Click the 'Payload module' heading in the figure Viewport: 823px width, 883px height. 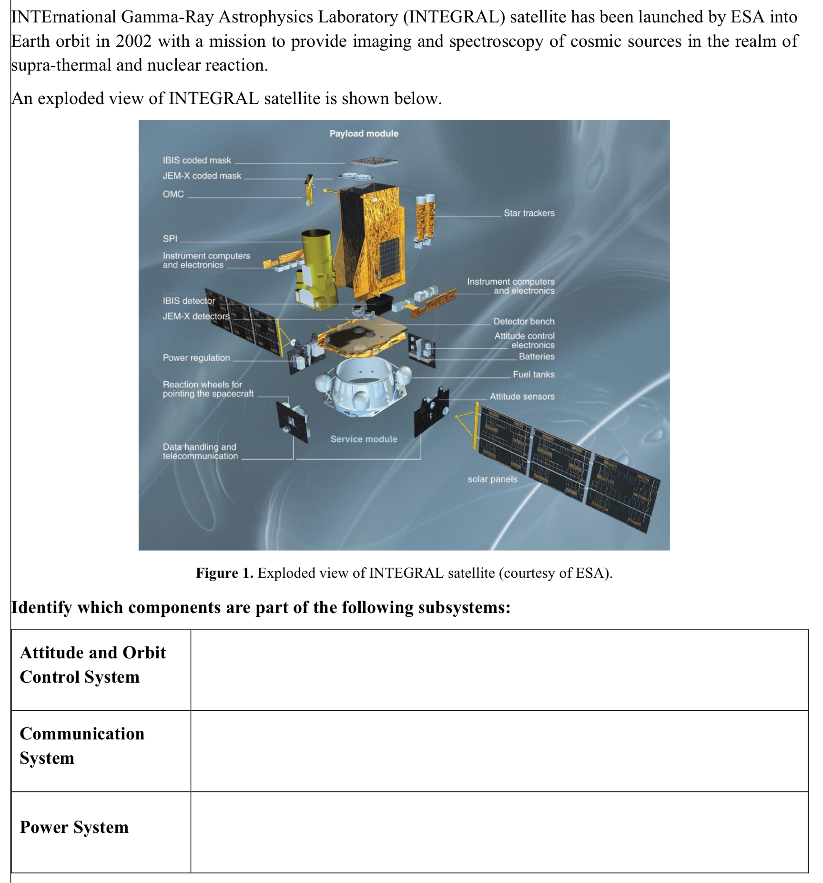(364, 134)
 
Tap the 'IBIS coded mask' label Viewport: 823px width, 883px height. (196, 160)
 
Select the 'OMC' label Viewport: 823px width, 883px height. (173, 194)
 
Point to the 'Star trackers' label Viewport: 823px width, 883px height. (529, 213)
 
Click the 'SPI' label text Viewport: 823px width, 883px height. (170, 239)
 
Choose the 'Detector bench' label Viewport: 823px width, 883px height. (524, 322)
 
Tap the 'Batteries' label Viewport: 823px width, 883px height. (537, 356)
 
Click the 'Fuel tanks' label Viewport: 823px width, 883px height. (533, 374)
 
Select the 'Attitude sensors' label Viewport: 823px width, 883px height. (522, 396)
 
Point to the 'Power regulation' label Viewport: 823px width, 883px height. (196, 358)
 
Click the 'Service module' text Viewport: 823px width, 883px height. (364, 439)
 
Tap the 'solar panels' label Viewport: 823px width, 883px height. (492, 479)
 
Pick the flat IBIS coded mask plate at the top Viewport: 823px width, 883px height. (374, 162)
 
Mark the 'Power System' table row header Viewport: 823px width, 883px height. (74, 827)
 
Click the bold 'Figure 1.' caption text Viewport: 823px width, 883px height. (224, 573)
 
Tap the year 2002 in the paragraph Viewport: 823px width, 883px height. (133, 41)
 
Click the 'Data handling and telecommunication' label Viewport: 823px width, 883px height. (200, 451)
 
